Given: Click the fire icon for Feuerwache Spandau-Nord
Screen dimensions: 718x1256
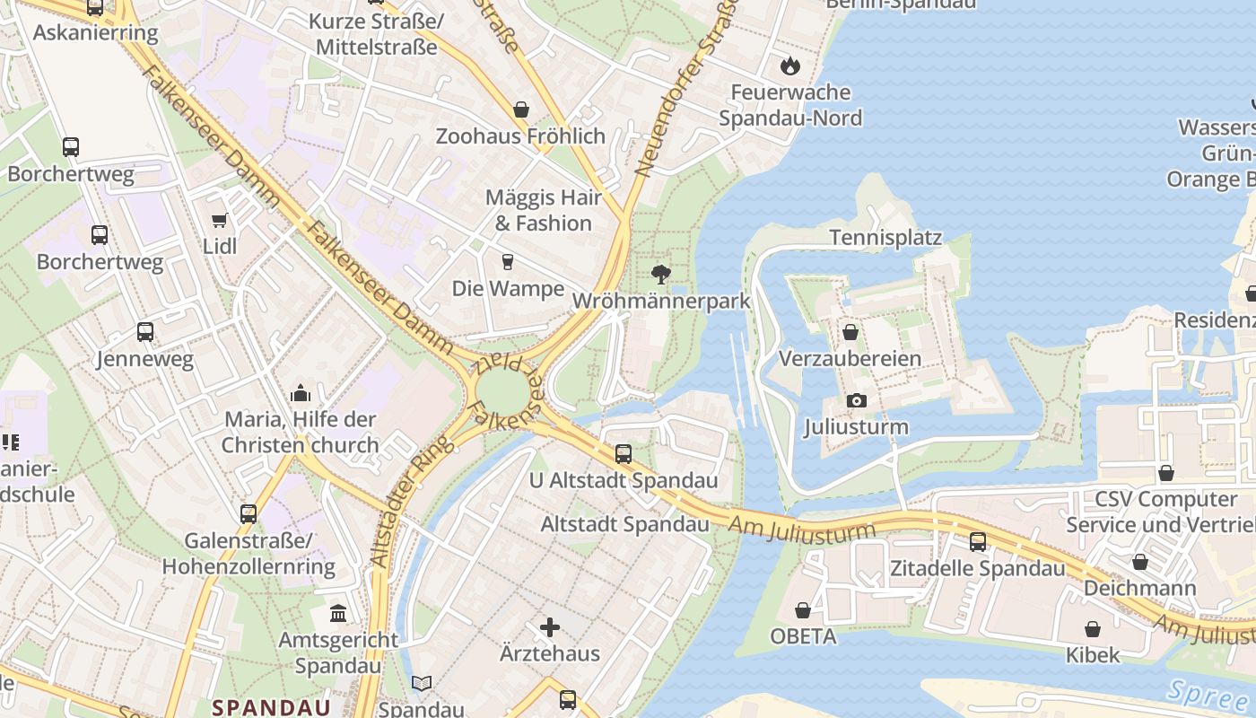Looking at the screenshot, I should click(x=789, y=66).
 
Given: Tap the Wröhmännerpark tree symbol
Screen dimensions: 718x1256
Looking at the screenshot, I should click(x=661, y=274).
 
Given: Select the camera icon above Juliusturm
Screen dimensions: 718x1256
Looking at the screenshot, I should click(x=856, y=400).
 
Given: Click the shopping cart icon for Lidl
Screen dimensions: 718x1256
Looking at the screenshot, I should click(x=219, y=220).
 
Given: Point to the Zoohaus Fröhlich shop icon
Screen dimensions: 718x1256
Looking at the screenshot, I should click(x=520, y=109).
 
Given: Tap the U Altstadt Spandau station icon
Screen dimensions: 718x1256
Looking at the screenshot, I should click(x=624, y=454).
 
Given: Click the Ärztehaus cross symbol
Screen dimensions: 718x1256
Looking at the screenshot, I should click(x=550, y=626).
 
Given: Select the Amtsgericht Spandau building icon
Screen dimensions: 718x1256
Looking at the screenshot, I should click(x=338, y=614).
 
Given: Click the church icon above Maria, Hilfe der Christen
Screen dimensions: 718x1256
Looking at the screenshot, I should click(x=300, y=393).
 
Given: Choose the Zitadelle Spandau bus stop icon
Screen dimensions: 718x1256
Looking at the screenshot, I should click(x=977, y=542).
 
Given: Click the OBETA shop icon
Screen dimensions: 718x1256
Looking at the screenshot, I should click(x=803, y=610).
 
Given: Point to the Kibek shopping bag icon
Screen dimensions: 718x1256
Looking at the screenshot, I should click(x=1092, y=629).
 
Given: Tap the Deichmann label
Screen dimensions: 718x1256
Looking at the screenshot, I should click(x=1139, y=589).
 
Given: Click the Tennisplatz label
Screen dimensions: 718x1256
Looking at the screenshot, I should click(x=885, y=238).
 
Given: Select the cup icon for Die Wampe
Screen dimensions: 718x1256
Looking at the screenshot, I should click(x=508, y=262).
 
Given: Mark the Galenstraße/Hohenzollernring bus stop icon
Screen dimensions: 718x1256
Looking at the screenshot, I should click(x=249, y=514).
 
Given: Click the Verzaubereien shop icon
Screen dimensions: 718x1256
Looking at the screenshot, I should click(x=850, y=333).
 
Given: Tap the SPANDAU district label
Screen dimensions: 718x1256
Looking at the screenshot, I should click(x=271, y=707).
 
